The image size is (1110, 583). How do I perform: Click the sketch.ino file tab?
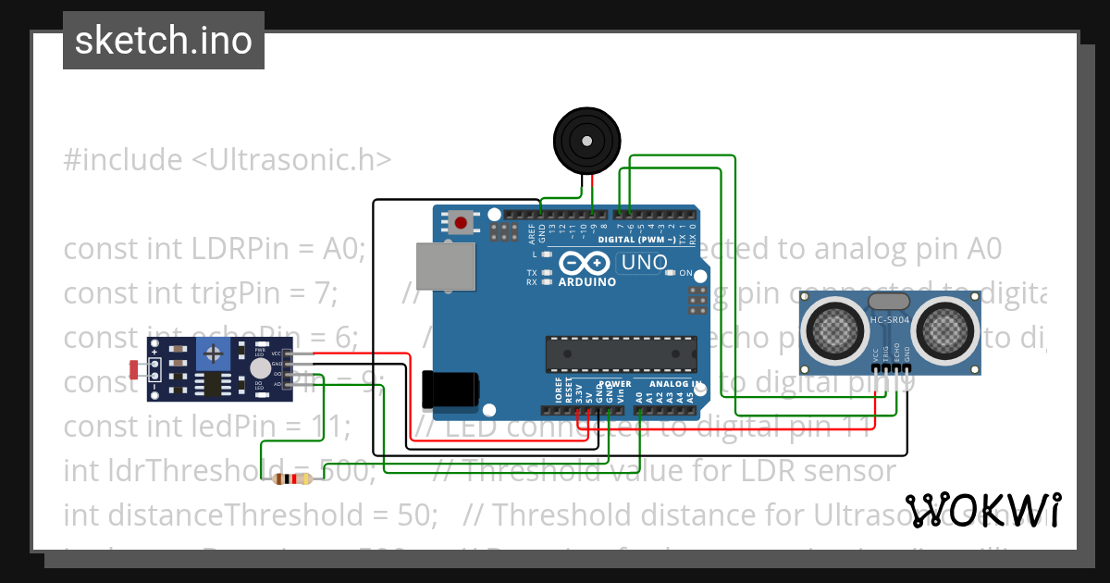164,41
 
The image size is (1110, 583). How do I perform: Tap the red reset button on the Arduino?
461,221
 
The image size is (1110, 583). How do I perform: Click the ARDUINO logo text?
587,282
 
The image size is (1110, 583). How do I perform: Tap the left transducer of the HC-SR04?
834,328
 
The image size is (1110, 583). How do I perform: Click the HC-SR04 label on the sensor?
890,321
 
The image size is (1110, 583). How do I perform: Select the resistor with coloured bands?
293,478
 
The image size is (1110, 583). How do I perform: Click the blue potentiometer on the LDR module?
215,353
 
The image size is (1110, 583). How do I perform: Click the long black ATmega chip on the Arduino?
620,353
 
